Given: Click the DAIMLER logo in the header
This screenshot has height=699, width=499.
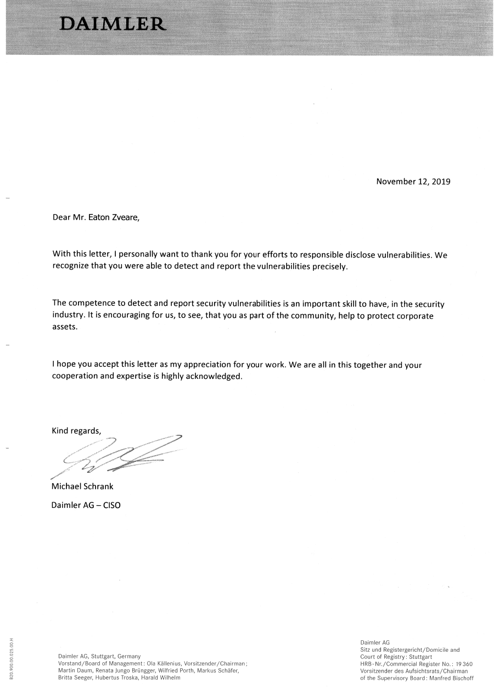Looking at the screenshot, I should click(x=113, y=24).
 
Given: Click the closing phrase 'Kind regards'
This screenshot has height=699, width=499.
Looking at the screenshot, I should click(x=77, y=430).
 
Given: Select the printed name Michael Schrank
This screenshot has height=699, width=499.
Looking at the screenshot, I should click(x=82, y=486).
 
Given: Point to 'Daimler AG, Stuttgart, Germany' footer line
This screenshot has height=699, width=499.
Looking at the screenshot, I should click(x=99, y=656).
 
